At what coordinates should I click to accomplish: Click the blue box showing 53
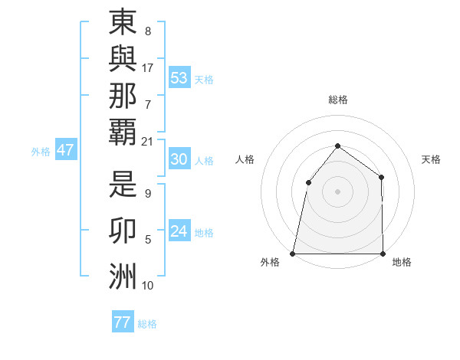click(x=179, y=77)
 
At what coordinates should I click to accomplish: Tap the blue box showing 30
click(x=179, y=159)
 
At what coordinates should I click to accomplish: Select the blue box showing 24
click(x=179, y=231)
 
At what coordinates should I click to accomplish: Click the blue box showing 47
click(x=65, y=150)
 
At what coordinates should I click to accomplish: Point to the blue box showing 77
click(x=122, y=322)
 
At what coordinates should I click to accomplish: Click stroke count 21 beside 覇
click(x=147, y=141)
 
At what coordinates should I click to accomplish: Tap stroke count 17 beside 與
click(x=147, y=68)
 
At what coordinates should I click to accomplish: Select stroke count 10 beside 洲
click(x=147, y=286)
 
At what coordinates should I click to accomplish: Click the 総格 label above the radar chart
click(x=337, y=100)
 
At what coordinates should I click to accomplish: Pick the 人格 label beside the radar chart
click(x=245, y=159)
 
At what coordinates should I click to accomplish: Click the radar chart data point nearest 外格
click(x=292, y=254)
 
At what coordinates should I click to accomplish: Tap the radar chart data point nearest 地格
click(x=383, y=254)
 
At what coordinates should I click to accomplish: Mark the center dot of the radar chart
click(x=337, y=191)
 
